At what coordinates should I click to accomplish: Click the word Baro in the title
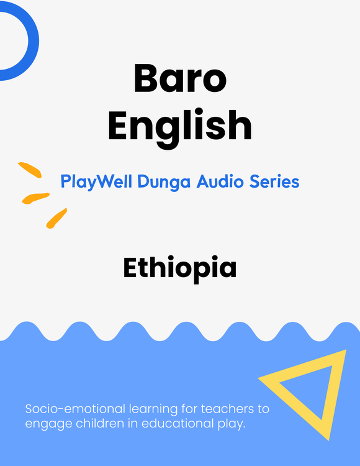point(180,78)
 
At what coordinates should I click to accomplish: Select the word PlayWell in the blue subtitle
point(96,181)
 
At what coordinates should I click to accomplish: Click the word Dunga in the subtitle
point(164,181)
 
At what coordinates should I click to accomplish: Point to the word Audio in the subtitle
point(220,181)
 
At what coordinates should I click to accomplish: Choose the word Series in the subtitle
point(274,181)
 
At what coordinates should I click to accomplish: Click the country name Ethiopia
point(180,268)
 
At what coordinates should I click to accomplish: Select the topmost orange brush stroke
point(30,170)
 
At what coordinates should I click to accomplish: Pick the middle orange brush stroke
point(35,198)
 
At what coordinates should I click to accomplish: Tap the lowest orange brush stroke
point(56,219)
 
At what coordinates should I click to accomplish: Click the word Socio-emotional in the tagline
point(75,409)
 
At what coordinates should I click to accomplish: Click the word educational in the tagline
point(178,423)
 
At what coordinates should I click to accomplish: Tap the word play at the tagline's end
point(230,424)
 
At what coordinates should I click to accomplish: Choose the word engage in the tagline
point(48,424)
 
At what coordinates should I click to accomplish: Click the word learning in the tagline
point(153,410)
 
